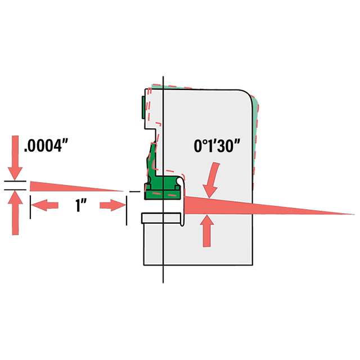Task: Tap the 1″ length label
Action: click(x=78, y=206)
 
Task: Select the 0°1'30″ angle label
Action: click(x=217, y=147)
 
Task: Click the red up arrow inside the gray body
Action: click(x=208, y=231)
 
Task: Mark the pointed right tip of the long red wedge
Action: click(x=353, y=214)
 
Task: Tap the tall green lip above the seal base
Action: click(x=151, y=157)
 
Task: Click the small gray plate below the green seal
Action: click(x=163, y=218)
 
